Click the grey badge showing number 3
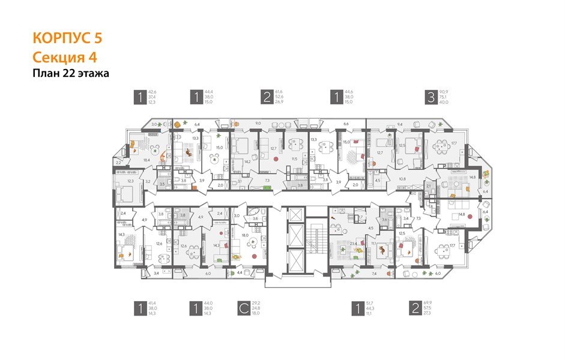431,96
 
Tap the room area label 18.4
146,160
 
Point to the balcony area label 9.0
258,123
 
